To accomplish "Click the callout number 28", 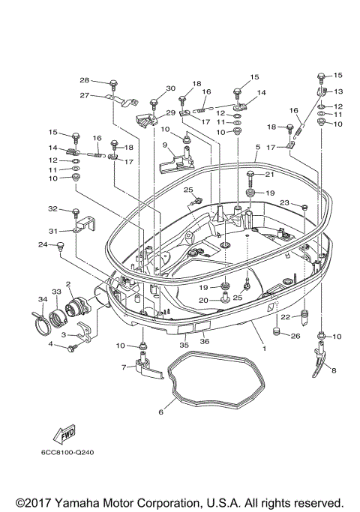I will point(84,80).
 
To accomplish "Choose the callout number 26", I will point(295,335).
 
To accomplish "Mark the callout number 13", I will point(337,91).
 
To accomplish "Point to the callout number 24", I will point(43,244).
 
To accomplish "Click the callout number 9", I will point(164,145).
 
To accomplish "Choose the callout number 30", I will point(170,88).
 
